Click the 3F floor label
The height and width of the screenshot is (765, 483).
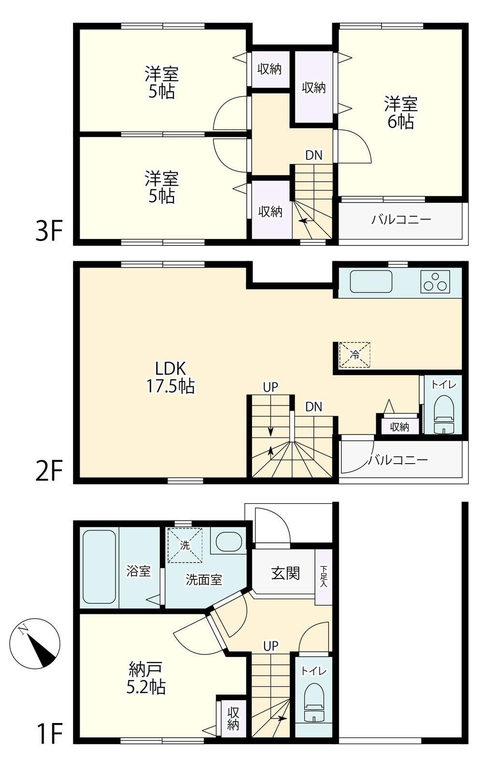[x=49, y=231]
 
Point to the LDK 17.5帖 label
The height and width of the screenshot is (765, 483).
[x=170, y=377]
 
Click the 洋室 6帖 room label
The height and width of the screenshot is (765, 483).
[x=401, y=113]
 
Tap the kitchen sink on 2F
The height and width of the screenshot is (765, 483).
[x=371, y=282]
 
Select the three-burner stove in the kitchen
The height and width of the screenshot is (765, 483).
[x=435, y=282]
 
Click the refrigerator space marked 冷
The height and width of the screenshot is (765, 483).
[x=355, y=355]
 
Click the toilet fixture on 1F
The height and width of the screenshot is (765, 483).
[x=314, y=698]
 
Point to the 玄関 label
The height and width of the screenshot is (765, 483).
[x=285, y=573]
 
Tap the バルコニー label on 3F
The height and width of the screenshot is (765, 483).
[x=401, y=219]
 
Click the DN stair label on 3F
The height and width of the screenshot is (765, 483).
[x=314, y=156]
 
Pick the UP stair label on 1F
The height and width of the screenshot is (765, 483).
[x=271, y=645]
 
